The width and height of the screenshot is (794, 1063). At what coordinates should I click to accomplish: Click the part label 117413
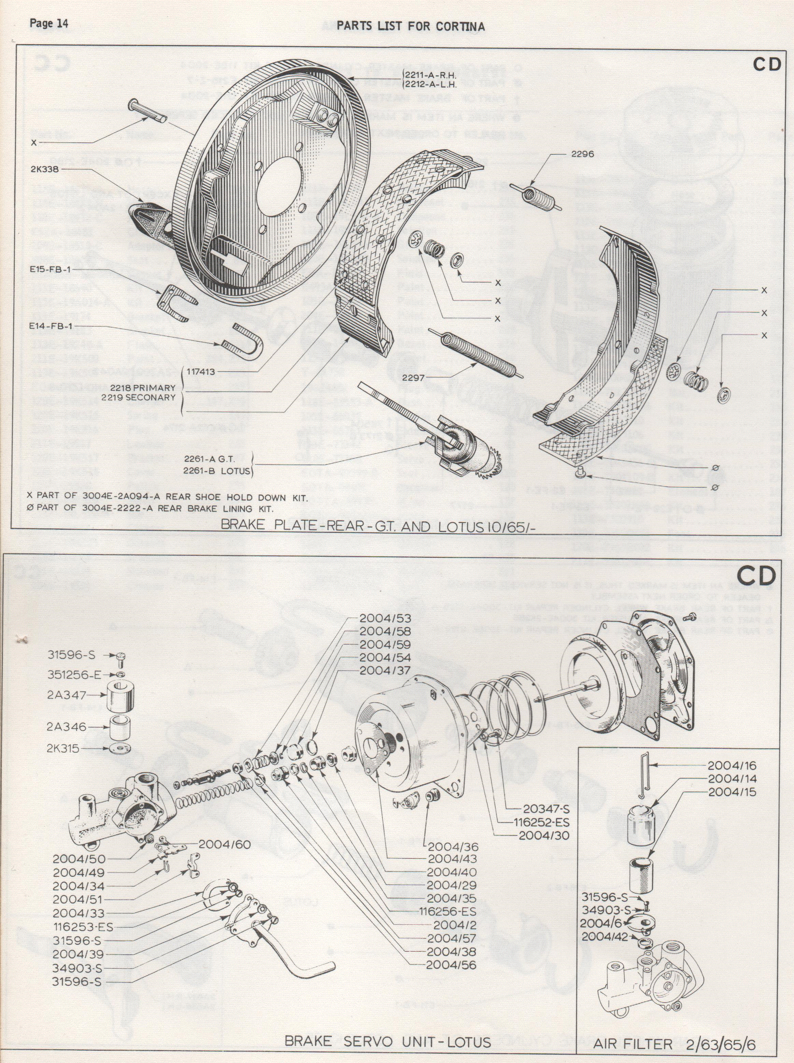pos(202,372)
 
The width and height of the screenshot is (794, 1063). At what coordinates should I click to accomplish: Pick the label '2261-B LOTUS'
pos(217,471)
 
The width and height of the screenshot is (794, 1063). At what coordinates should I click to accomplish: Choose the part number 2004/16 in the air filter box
pos(732,765)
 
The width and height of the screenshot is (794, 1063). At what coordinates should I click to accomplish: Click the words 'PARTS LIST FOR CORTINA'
pos(410,26)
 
